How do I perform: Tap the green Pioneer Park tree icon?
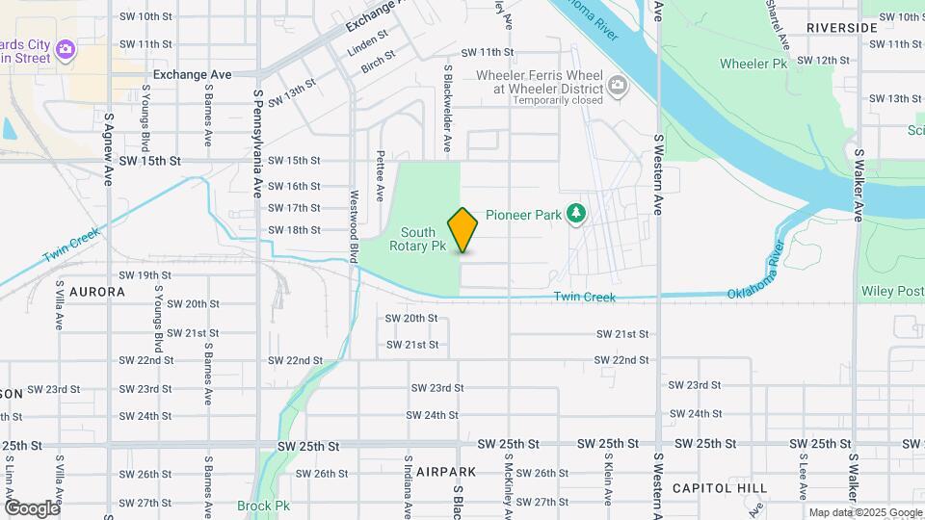coord(576,213)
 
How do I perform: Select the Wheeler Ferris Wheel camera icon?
coord(617,90)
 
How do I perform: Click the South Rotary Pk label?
coord(417,239)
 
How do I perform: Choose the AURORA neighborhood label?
coord(97,291)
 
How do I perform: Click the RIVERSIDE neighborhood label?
coord(841,28)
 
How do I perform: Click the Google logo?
coord(32,507)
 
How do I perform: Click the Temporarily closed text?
coord(559,99)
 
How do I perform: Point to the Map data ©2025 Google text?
coord(863,512)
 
